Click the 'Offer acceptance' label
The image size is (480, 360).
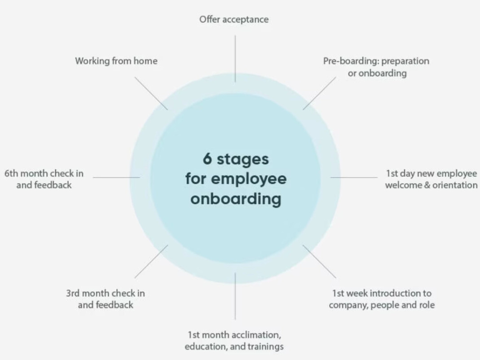[x=234, y=20]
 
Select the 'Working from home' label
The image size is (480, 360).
[x=116, y=61]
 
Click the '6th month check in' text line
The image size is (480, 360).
[x=44, y=174]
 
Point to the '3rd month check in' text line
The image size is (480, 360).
[x=106, y=293]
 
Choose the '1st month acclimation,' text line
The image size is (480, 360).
[x=234, y=335]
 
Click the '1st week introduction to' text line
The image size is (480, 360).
[x=382, y=293]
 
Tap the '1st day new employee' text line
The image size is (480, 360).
[x=432, y=174]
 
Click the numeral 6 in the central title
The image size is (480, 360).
[x=207, y=159]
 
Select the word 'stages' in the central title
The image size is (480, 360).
[x=243, y=160]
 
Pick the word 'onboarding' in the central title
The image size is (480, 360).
[x=236, y=199]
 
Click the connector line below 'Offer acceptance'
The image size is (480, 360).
[x=235, y=59]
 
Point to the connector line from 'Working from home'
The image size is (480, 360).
[x=151, y=94]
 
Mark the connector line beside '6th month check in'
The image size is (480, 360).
[x=116, y=177]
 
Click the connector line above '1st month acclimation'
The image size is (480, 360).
[x=235, y=296]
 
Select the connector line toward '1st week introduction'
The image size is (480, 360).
[x=319, y=262]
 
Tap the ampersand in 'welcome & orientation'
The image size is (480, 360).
[x=427, y=185]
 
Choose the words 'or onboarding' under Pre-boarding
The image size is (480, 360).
[x=377, y=73]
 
